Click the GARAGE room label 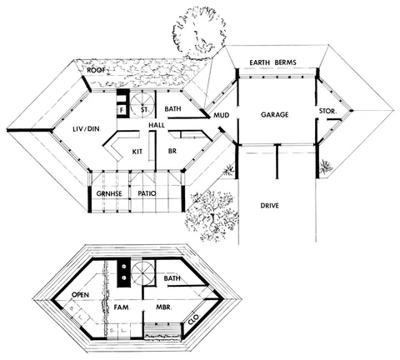(274, 114)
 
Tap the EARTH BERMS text (272, 62)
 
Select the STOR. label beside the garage (327, 111)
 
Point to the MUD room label (221, 115)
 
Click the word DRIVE (269, 206)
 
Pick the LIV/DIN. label (87, 129)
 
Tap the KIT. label (137, 152)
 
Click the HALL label (157, 125)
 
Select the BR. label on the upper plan (172, 151)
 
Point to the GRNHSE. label (109, 193)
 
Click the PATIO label (147, 193)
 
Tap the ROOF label (96, 70)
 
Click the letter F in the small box (122, 110)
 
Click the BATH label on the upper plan (172, 108)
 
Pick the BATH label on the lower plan (172, 278)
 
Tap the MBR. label (164, 307)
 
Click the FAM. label (122, 307)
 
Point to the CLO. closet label (193, 320)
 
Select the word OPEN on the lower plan (80, 294)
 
